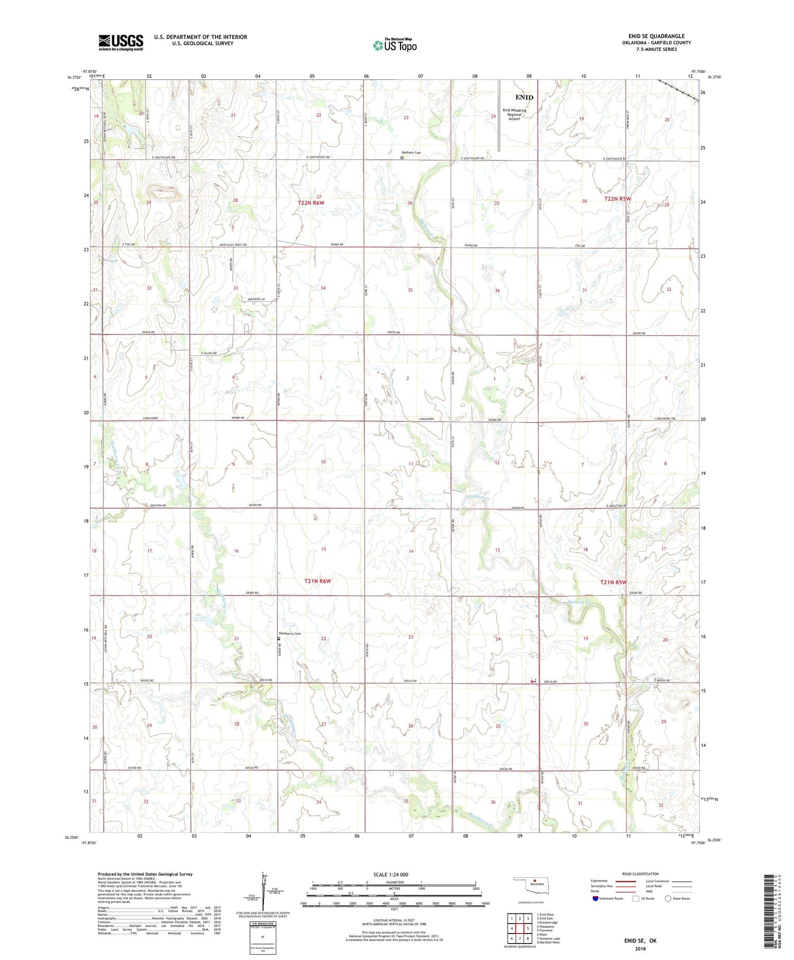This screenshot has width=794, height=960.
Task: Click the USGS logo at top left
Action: (121, 42)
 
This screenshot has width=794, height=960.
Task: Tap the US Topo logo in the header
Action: (394, 46)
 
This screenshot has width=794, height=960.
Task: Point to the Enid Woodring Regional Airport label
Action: (514, 114)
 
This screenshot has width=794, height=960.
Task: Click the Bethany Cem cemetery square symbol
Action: (402, 157)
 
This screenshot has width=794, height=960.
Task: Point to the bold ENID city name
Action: (524, 97)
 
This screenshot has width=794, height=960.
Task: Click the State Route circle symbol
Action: (669, 898)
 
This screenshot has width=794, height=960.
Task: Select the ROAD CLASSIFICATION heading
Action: (640, 874)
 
